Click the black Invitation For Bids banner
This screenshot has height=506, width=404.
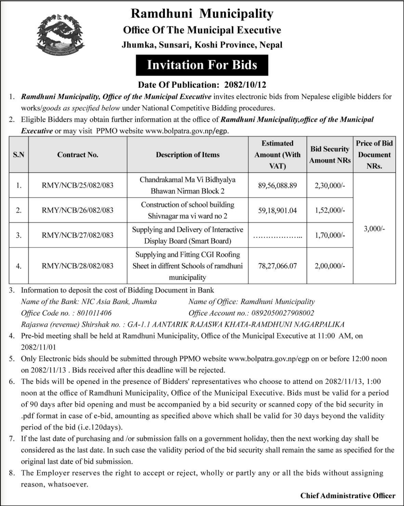coord(202,65)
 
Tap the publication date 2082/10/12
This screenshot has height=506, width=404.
coord(245,85)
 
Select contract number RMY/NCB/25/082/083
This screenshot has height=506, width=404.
coord(77,185)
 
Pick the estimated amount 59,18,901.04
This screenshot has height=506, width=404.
coord(277,210)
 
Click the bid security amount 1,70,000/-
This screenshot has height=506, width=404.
coord(330,235)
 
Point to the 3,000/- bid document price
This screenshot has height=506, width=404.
coord(374,229)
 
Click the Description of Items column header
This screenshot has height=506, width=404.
coord(187,155)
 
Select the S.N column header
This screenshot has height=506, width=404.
coord(19,155)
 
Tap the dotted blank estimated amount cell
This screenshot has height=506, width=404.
coord(277,236)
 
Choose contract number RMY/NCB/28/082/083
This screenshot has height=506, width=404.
coord(77,266)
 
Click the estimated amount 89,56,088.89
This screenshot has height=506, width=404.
coord(277,185)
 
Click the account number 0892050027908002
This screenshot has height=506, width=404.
coord(278,313)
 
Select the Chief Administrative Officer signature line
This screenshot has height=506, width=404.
coord(348,496)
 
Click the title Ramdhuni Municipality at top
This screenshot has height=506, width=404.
coord(202,14)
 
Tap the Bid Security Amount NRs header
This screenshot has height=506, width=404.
coord(330,155)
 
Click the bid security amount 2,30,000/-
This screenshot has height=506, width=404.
coord(330,185)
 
